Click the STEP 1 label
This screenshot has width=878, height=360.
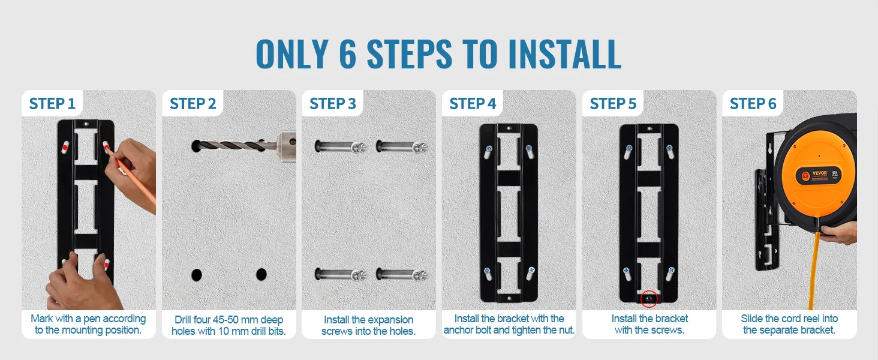52,104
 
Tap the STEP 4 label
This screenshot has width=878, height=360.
473,104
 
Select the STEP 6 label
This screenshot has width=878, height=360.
753,104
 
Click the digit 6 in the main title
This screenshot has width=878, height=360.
347,54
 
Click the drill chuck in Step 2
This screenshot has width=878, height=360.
287,143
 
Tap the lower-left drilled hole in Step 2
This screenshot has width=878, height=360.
196,275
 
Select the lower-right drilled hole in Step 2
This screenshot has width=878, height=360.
261,275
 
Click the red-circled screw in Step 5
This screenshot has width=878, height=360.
649,299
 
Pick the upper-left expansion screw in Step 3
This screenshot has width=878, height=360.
341,146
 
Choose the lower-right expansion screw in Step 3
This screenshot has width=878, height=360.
402,274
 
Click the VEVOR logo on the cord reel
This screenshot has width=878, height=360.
820,173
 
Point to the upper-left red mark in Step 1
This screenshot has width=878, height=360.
64,148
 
